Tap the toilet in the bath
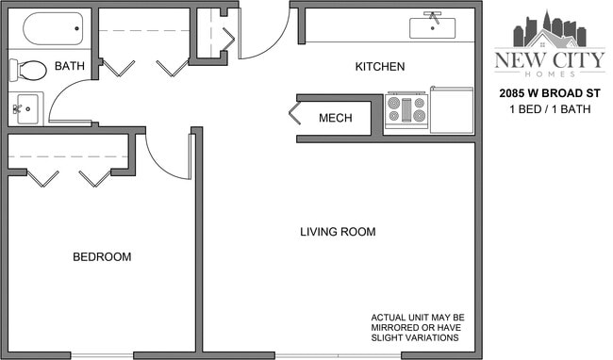pyautogui.click(x=29, y=70)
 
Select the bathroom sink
pyautogui.click(x=25, y=108)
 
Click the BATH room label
pyautogui.click(x=70, y=66)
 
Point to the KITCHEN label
pyautogui.click(x=379, y=67)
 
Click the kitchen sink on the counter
pyautogui.click(x=433, y=26)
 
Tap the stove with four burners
pyautogui.click(x=406, y=110)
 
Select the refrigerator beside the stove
pyautogui.click(x=452, y=110)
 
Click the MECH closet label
pyautogui.click(x=336, y=118)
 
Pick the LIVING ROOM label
pyautogui.click(x=338, y=232)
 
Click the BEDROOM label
pyautogui.click(x=102, y=256)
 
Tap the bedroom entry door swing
pyautogui.click(x=168, y=155)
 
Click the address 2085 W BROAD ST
pyautogui.click(x=549, y=95)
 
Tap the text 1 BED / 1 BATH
pyautogui.click(x=549, y=111)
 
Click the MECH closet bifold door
pyautogui.click(x=296, y=117)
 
